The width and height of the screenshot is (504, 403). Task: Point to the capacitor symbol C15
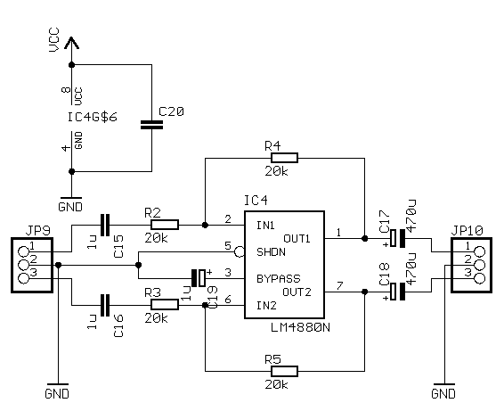106,225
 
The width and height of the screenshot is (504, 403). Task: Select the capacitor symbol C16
106,304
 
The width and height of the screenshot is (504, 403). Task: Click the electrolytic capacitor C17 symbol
398,238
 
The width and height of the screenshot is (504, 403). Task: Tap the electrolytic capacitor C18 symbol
398,292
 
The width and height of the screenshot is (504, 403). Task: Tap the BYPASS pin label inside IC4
277,278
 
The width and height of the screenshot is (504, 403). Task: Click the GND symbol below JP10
443,391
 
